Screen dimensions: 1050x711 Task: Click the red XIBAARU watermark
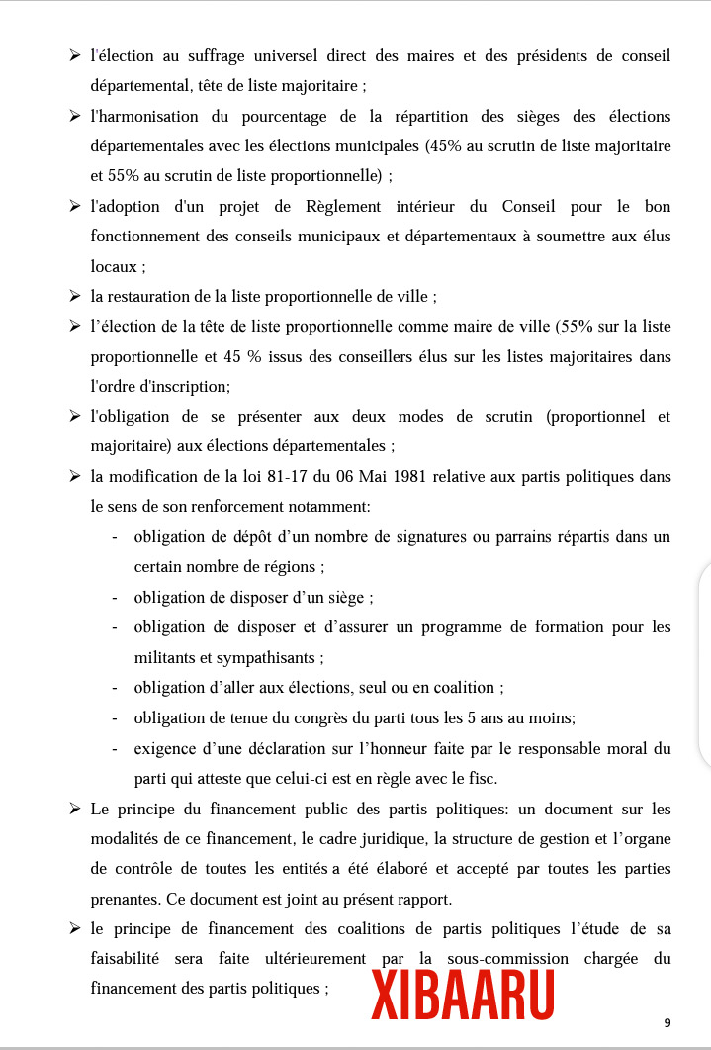coord(462,996)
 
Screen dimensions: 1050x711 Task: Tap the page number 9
coord(667,1022)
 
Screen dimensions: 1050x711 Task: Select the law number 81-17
coord(285,476)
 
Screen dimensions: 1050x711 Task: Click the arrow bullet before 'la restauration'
coord(75,296)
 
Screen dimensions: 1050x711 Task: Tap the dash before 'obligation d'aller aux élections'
coord(115,688)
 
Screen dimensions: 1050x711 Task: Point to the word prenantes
coord(126,899)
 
